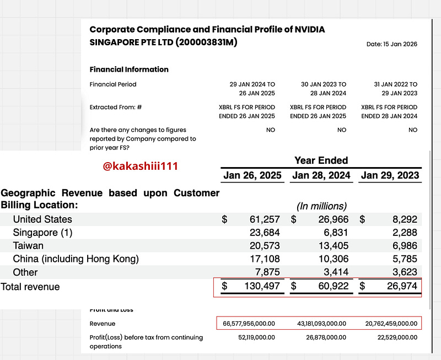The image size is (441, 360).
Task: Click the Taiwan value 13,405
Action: pos(332,246)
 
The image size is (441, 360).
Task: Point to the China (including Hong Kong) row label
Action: pos(76,259)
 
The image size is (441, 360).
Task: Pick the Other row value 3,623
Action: pos(401,272)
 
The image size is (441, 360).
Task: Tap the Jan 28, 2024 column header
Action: pos(321,176)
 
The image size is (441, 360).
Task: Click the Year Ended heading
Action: pos(321,160)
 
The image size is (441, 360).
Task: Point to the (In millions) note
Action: pos(322,206)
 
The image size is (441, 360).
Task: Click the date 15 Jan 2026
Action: pos(392,44)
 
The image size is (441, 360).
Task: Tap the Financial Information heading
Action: pos(129,69)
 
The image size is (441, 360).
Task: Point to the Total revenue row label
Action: pos(30,287)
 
